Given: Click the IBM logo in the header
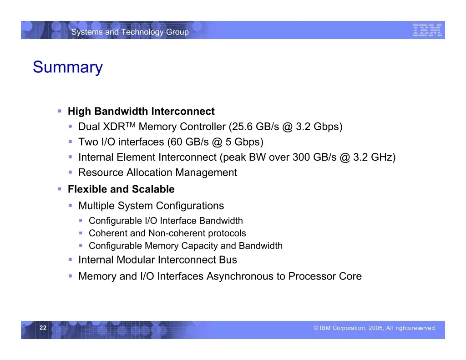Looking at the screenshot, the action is tap(427, 30).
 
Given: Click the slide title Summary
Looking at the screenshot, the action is tap(68, 67).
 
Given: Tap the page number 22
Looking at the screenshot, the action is tap(43, 328).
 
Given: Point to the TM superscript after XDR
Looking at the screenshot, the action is tap(131, 124).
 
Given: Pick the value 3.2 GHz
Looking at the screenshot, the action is tap(372, 157).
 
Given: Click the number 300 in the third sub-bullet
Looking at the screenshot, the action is tap(301, 157).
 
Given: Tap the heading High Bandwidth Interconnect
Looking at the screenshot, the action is tap(141, 111).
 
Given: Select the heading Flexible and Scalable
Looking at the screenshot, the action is tap(121, 189).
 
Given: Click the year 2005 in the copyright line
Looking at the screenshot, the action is tap(375, 328).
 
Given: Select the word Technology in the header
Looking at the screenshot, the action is tap(142, 32).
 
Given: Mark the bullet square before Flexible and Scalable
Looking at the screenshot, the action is tap(60, 189).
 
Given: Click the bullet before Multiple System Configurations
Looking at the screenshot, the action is tap(70, 205).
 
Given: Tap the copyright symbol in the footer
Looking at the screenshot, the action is tap(316, 328).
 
